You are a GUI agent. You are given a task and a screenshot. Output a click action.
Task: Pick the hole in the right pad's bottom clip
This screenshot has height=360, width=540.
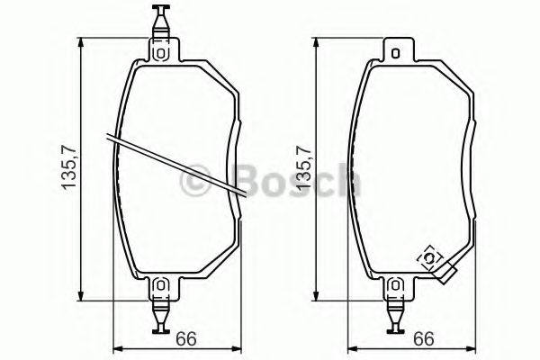click(x=395, y=287)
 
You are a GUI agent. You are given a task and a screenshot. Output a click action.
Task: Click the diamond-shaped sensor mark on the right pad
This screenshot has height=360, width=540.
click(x=430, y=259)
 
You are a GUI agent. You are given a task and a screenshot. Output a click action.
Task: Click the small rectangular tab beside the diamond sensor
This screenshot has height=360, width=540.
click(x=445, y=273)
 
